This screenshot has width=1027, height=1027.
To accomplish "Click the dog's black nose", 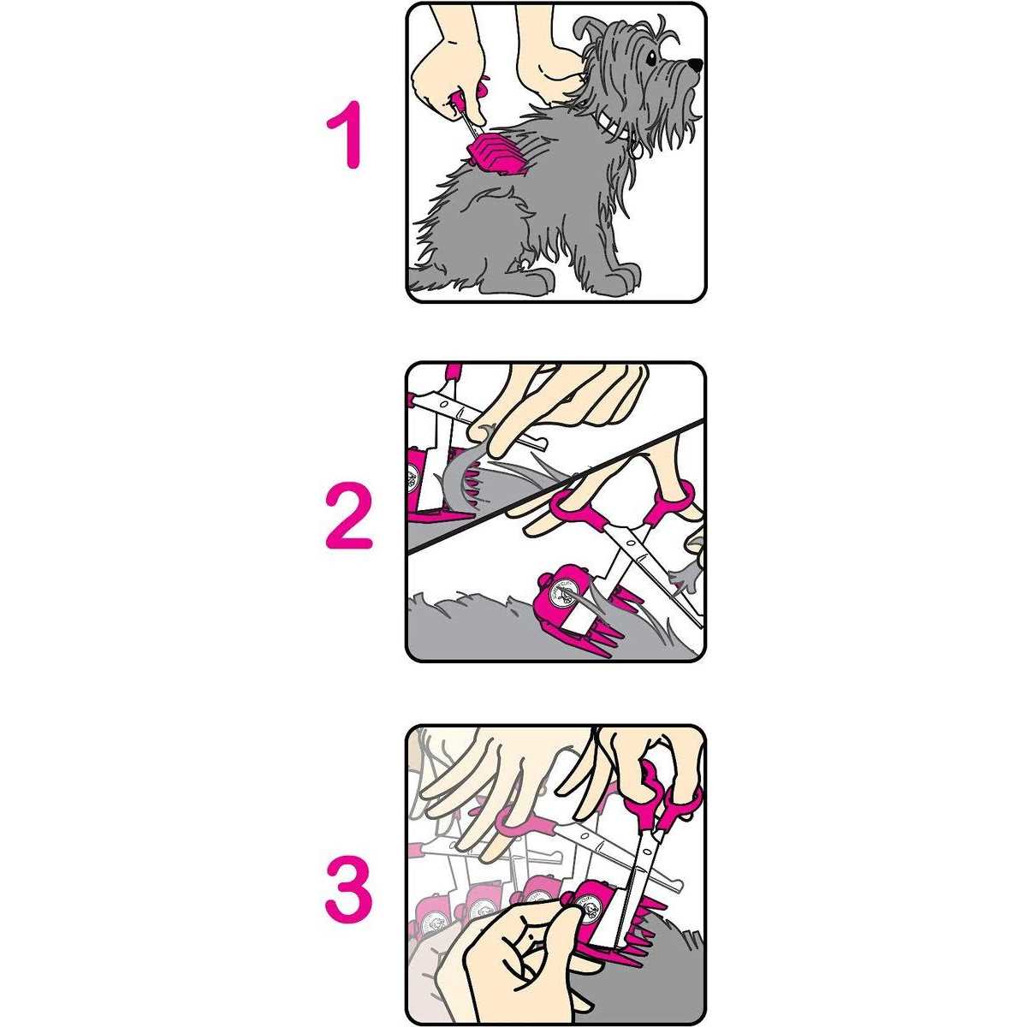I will (695, 64).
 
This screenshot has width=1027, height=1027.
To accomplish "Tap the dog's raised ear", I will (591, 39).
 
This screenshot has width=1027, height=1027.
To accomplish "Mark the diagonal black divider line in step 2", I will (556, 488).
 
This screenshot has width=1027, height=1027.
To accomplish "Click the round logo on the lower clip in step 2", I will (562, 591).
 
